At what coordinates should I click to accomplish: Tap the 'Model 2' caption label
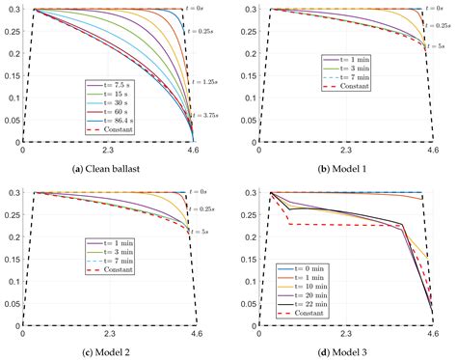[121, 351]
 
